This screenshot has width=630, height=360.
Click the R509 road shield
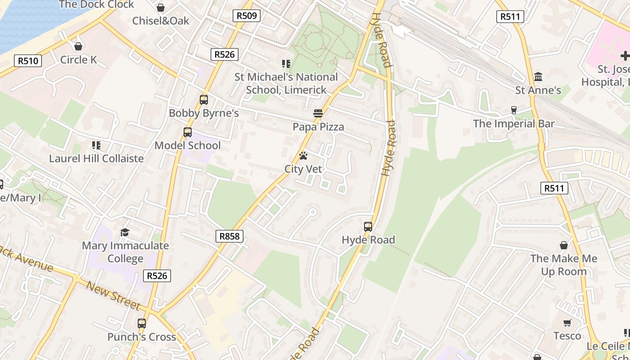(x=247, y=16)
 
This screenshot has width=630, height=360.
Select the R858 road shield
(x=229, y=236)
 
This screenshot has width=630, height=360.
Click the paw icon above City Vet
(x=303, y=156)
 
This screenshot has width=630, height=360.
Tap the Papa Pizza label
(x=318, y=127)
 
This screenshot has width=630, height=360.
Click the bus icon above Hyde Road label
(x=368, y=227)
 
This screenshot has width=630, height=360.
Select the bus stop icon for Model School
(x=188, y=132)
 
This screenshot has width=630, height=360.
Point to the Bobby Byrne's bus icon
(x=204, y=100)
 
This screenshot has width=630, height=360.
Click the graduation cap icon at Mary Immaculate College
(x=125, y=232)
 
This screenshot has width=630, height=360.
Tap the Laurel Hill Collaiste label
(x=96, y=158)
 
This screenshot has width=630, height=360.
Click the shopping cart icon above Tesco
(x=567, y=323)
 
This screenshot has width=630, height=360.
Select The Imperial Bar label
(x=513, y=124)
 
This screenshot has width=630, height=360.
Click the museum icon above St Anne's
(x=538, y=77)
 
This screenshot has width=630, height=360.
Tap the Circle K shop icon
(x=78, y=46)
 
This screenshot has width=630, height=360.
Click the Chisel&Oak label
(x=161, y=21)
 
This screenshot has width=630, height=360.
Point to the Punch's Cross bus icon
(x=142, y=323)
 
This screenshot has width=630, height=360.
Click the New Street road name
(x=113, y=296)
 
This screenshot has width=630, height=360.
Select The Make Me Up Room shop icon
(x=564, y=245)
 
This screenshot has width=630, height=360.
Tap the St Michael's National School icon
(x=286, y=64)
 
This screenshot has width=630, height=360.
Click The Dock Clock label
(x=96, y=4)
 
